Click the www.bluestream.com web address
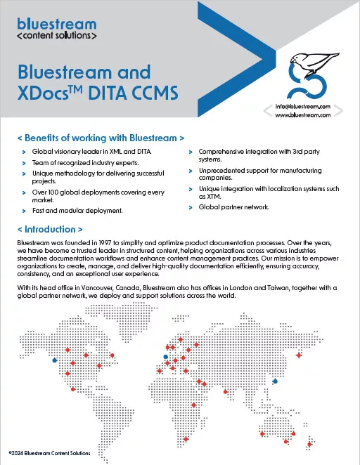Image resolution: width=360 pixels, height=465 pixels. coord(303,117)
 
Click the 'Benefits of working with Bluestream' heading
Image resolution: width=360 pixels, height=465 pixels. coord(101,138)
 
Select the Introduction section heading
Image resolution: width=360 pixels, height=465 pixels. coord(50,229)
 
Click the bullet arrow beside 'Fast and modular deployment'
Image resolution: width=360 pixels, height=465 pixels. coord(24,211)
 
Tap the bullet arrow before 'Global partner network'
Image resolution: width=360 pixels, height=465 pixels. coord(191,207)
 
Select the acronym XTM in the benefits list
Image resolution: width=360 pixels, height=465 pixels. coord(207,197)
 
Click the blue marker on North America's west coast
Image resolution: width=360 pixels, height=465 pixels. coord(55,363)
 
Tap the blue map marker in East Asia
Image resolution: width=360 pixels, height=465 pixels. coord(275,381)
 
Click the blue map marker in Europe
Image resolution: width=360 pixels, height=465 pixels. coord(166,358)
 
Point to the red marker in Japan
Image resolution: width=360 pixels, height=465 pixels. coord(300,355)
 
